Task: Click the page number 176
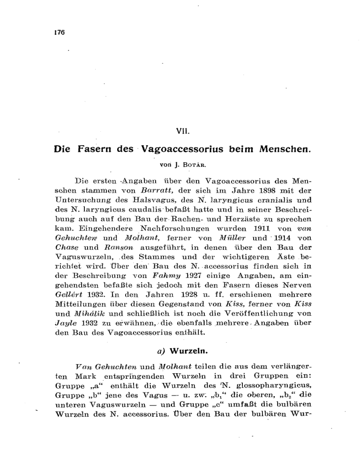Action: pos(59,33)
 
